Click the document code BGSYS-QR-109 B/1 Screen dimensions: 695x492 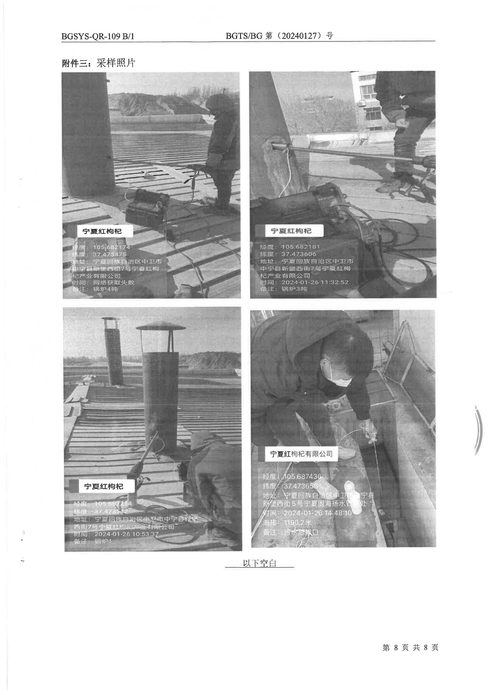(98, 36)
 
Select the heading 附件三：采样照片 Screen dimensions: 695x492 (98, 63)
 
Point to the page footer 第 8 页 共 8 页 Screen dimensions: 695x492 (410, 656)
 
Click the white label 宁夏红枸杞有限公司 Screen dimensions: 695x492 (301, 454)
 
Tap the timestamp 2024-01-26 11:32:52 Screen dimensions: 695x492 (315, 282)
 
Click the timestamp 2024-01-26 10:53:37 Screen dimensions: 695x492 (126, 534)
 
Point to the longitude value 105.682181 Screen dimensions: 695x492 (301, 247)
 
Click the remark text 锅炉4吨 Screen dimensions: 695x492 (105, 289)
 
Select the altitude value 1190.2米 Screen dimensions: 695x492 (298, 522)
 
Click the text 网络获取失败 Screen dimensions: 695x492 (114, 282)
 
